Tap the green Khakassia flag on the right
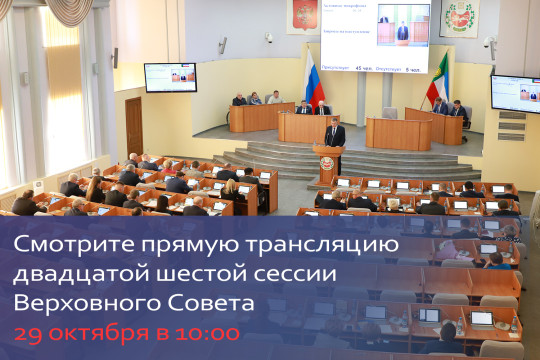[x=438, y=79]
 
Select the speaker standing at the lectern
[x=335, y=135]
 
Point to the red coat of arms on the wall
[x=303, y=16]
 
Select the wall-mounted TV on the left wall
[x=170, y=77]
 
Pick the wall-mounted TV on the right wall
[x=515, y=93]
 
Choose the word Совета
[x=220, y=303]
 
